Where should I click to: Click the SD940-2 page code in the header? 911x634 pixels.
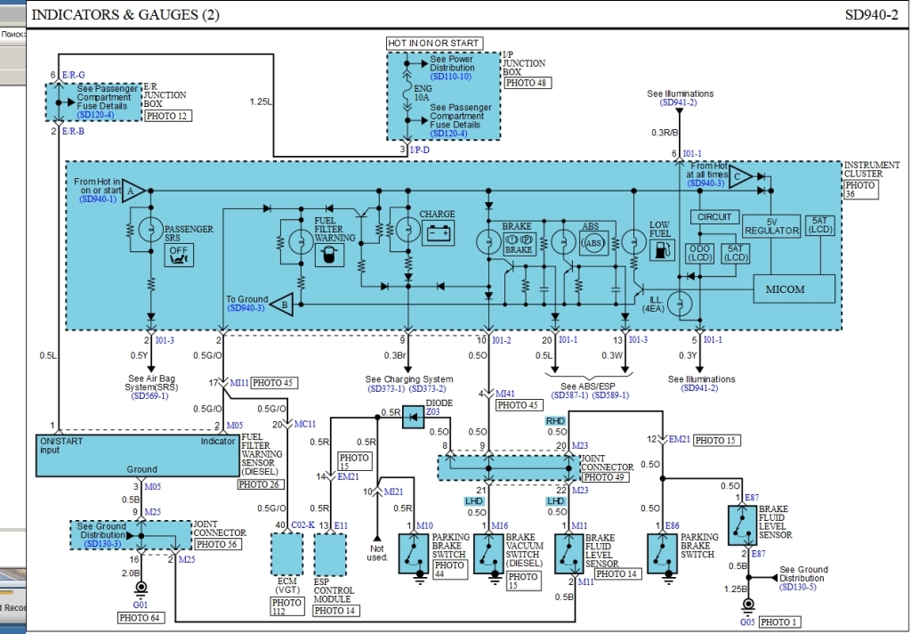pos(871,15)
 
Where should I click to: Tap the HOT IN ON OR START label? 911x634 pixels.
pos(434,43)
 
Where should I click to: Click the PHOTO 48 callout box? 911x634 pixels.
pos(526,83)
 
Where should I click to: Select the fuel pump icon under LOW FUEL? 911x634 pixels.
pos(659,248)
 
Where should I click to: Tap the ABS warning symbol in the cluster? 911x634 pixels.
pos(593,243)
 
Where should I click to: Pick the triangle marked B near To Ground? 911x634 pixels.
pos(284,303)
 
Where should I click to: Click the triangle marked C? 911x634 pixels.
pos(740,177)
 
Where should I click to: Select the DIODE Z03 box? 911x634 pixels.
pos(413,417)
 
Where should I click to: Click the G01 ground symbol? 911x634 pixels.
pos(140,589)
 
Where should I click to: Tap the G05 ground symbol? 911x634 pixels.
pos(747,607)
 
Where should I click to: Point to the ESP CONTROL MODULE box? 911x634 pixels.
pos(334,557)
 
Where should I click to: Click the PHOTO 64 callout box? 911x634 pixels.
pos(141,616)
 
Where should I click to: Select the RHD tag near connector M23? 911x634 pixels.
pos(555,420)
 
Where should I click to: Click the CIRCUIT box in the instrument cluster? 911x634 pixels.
pos(714,216)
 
